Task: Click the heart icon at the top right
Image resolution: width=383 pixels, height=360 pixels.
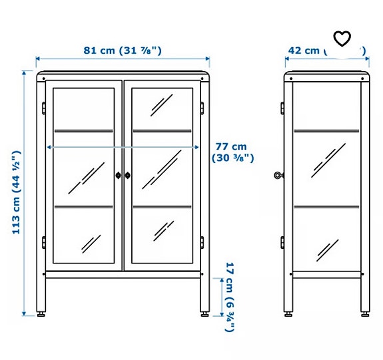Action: [342, 39]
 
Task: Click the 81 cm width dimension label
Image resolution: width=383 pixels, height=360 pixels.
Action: [123, 50]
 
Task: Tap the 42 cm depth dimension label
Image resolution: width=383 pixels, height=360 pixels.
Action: [303, 50]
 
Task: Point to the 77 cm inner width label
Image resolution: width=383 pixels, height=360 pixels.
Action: [230, 152]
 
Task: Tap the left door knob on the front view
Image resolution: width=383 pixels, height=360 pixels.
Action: [119, 175]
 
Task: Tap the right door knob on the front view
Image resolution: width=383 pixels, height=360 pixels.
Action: [128, 175]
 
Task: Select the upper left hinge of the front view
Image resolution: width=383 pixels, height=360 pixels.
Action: [43, 106]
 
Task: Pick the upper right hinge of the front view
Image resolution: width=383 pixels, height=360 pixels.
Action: [203, 106]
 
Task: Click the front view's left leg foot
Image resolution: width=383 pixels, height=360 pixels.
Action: [41, 312]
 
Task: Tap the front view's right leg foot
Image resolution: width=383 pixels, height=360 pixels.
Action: [204, 312]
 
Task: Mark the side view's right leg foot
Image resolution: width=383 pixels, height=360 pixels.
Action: [365, 312]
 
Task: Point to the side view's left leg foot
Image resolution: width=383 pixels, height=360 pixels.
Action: [288, 312]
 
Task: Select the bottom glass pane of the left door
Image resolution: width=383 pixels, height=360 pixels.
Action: [85, 234]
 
